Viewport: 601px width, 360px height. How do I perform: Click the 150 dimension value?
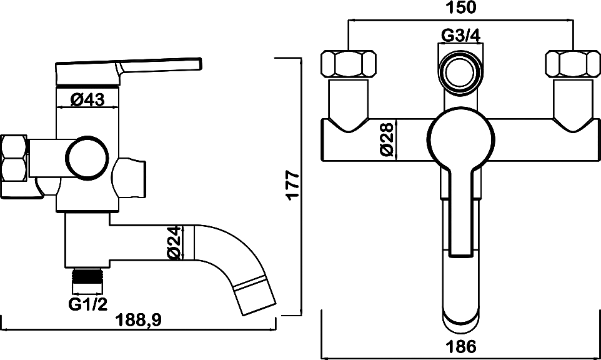(460, 8)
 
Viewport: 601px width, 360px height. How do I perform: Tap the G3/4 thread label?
(461, 36)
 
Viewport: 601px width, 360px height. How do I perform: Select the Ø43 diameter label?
(87, 99)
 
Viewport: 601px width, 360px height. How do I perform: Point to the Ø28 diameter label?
(387, 139)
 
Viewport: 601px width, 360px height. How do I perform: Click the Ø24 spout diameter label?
(174, 243)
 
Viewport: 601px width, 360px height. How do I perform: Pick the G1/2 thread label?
(87, 305)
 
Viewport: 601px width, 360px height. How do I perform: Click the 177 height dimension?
(293, 185)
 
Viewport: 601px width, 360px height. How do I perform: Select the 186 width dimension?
(460, 346)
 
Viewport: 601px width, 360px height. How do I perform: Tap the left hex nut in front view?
(348, 64)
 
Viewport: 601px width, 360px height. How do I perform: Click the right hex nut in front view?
(573, 64)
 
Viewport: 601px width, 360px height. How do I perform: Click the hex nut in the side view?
(14, 166)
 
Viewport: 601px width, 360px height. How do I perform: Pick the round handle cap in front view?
(460, 139)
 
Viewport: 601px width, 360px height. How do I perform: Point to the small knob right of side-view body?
(131, 178)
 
